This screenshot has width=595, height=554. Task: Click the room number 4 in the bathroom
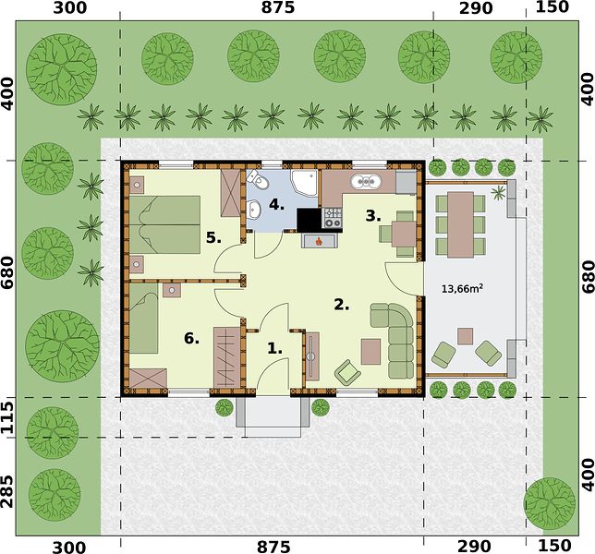[276, 205]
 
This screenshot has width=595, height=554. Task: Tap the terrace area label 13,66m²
[462, 289]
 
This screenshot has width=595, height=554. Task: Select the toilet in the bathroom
[259, 180]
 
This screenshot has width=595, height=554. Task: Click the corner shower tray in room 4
[304, 183]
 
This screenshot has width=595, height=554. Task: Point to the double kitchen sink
[366, 182]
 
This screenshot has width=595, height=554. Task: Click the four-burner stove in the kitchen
[332, 219]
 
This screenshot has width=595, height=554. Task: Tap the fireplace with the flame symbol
[320, 241]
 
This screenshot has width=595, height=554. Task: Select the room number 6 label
[191, 338]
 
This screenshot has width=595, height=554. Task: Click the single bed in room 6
[143, 319]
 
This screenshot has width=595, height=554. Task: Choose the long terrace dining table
[460, 224]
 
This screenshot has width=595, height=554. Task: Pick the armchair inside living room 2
[347, 371]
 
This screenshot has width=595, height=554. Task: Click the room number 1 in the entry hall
[274, 348]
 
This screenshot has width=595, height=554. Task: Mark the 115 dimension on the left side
[7, 417]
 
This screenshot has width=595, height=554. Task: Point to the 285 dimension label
[7, 491]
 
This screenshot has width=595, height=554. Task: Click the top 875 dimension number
[277, 7]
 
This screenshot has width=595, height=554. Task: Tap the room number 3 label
[373, 216]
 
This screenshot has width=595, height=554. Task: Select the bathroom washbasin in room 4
[253, 209]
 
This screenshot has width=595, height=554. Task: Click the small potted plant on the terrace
[497, 193]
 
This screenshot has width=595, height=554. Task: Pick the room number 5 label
[213, 237]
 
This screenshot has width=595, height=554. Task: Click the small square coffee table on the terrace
[465, 336]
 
